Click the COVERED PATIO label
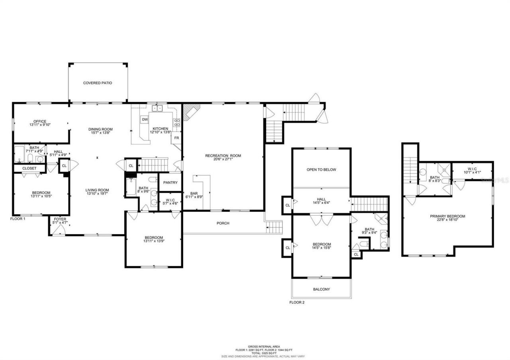pyautogui.click(x=98, y=83)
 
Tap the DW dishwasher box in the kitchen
pyautogui.click(x=145, y=119)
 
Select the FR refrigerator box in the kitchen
pyautogui.click(x=177, y=138)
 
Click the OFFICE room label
pyautogui.click(x=40, y=121)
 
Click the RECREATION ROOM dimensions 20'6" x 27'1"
pyautogui.click(x=223, y=160)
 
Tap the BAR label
pyautogui.click(x=194, y=194)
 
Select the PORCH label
pyautogui.click(x=223, y=223)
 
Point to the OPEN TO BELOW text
pyautogui.click(x=321, y=169)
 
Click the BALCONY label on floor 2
pyautogui.click(x=321, y=289)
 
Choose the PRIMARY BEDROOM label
pyautogui.click(x=447, y=216)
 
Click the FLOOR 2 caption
pyautogui.click(x=297, y=302)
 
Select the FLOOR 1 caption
pyautogui.click(x=18, y=219)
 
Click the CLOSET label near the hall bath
pyautogui.click(x=29, y=168)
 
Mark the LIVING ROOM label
pyautogui.click(x=97, y=190)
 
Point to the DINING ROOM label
pyautogui.click(x=100, y=129)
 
